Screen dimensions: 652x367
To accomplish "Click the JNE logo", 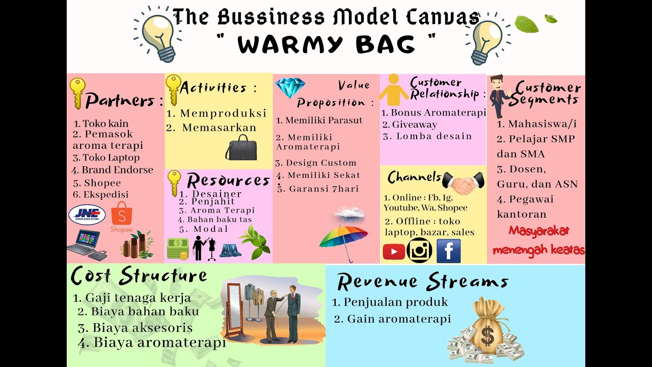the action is point(87,215).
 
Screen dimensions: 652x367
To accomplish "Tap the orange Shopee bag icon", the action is point(122,214).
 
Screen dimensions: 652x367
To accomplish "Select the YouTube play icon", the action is point(394,252).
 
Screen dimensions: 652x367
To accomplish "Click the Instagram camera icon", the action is point(419,250).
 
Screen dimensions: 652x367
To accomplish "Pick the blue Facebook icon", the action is point(449,250).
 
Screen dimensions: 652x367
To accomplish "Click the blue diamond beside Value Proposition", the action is point(290,87).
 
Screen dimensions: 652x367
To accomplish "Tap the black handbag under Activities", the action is point(241,148).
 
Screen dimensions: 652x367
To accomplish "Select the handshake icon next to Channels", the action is point(464,183).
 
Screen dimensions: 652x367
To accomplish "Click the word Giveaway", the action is point(415,125).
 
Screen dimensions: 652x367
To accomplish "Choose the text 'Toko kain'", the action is point(105,123).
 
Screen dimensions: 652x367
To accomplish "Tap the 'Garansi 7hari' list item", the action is point(318,189).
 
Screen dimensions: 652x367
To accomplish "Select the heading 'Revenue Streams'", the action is point(423,281).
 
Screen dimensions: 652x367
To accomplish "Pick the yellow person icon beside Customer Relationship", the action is point(394,90).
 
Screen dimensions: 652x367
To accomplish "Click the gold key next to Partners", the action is point(77,93).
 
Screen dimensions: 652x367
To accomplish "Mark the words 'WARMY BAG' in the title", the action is point(327,44).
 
